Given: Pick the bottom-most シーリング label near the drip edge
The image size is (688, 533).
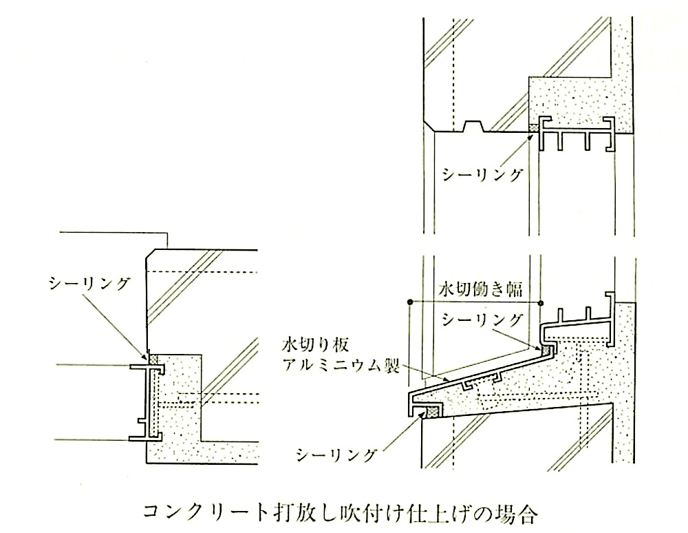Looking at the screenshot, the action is tap(336, 455).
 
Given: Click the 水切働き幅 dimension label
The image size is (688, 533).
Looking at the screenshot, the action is tap(480, 289).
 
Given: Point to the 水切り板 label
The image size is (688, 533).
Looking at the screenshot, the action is tap(316, 344).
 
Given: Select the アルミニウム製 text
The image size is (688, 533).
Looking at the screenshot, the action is tap(341, 365).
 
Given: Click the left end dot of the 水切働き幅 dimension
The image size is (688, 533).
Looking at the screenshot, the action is tap(409, 302).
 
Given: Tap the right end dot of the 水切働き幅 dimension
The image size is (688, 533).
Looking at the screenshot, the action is tap(541, 303).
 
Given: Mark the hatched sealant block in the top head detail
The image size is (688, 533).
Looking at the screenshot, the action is tap(534, 128).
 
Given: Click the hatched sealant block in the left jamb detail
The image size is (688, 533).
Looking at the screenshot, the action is tap(153, 359).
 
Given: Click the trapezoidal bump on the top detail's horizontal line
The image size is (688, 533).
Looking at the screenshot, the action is tap(474, 126).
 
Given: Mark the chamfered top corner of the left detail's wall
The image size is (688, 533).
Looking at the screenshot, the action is tap(151, 255).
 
